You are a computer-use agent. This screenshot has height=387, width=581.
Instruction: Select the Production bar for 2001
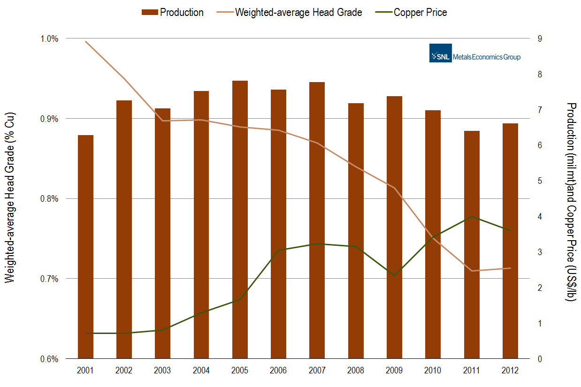[x=85, y=247]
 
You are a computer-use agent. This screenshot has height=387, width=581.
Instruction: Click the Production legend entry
[x=173, y=13]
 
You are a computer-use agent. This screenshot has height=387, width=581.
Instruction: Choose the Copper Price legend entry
[x=413, y=13]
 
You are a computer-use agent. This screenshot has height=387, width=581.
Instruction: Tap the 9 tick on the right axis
[x=540, y=38]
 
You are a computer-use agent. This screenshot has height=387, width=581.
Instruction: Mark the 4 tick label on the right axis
[x=540, y=217]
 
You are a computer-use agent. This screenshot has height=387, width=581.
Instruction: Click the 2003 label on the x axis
[x=163, y=371]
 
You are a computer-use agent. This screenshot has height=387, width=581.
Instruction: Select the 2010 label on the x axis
[x=433, y=371]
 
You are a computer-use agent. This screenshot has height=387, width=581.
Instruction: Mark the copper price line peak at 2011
[x=472, y=216]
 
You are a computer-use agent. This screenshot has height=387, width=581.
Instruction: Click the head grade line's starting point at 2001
[x=85, y=41]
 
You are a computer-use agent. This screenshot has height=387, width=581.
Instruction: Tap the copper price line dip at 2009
[x=394, y=275]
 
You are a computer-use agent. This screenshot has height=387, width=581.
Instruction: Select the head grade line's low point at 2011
[x=472, y=271]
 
